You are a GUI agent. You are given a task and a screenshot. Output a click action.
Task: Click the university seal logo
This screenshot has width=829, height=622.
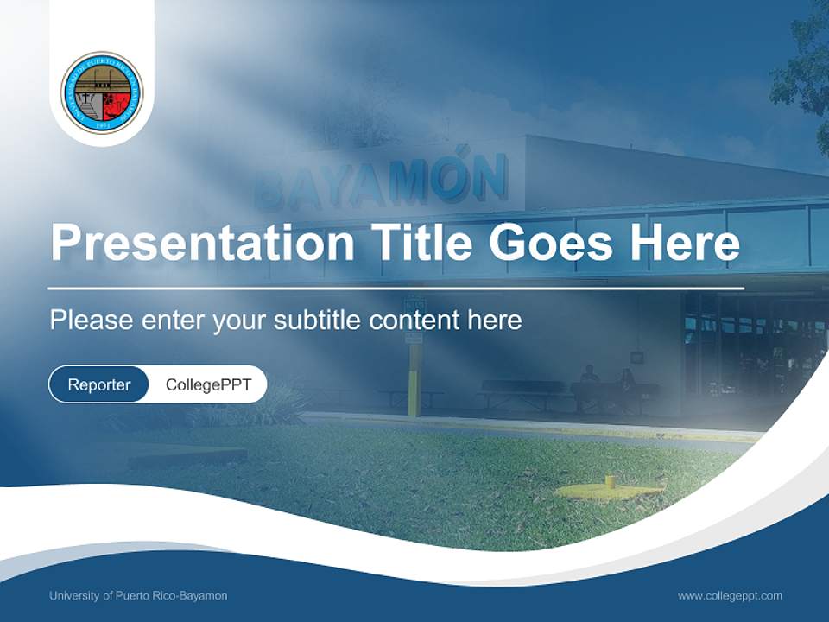tap(102, 92)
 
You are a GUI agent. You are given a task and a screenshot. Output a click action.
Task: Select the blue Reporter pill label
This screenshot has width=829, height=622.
tap(98, 384)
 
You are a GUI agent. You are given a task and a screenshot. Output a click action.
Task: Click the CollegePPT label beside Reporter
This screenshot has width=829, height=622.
tap(208, 384)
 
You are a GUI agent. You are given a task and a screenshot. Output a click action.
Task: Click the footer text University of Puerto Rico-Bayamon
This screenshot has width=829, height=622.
tap(138, 596)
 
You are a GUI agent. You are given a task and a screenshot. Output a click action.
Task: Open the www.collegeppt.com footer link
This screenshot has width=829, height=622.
tap(730, 596)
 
